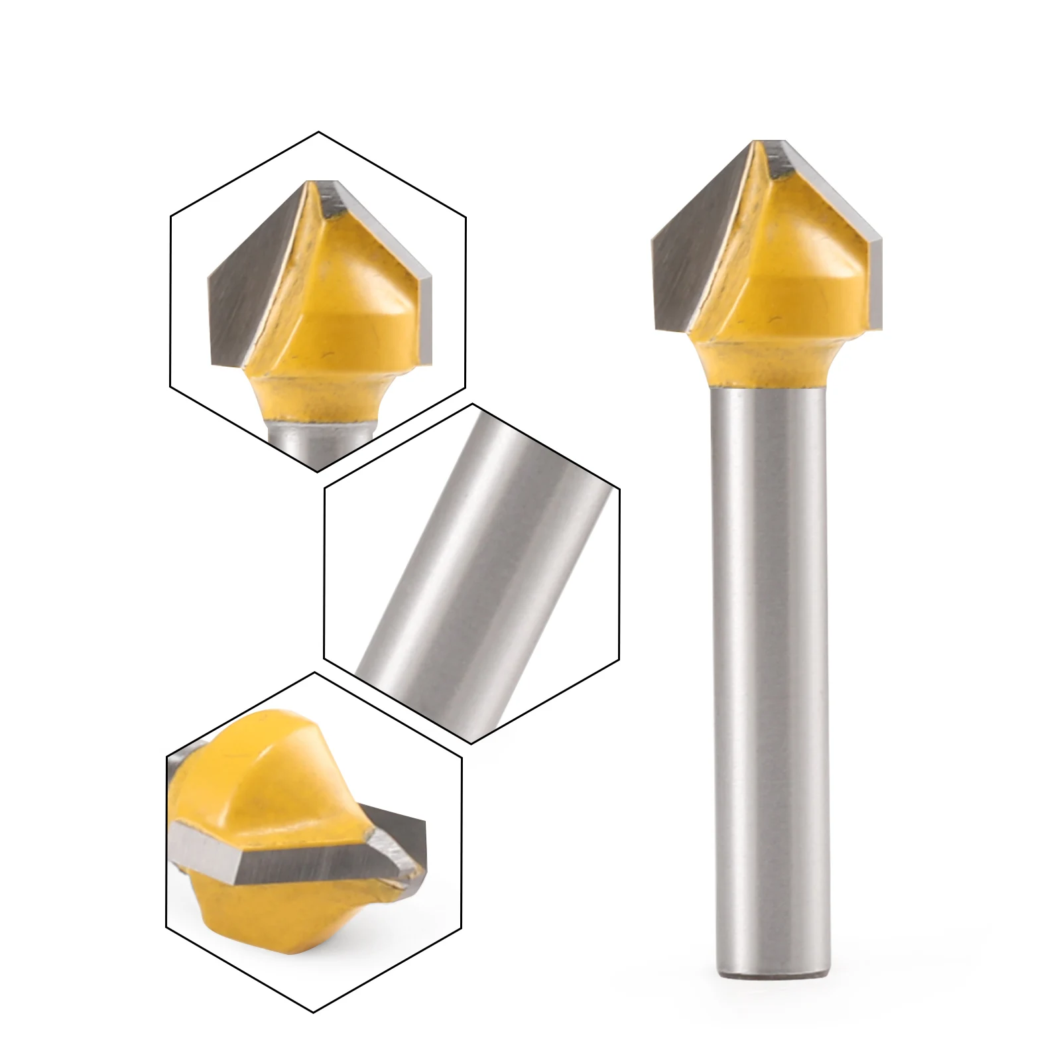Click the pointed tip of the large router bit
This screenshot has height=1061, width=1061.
[x=769, y=142]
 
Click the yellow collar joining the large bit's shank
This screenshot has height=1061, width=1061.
[x=769, y=365]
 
